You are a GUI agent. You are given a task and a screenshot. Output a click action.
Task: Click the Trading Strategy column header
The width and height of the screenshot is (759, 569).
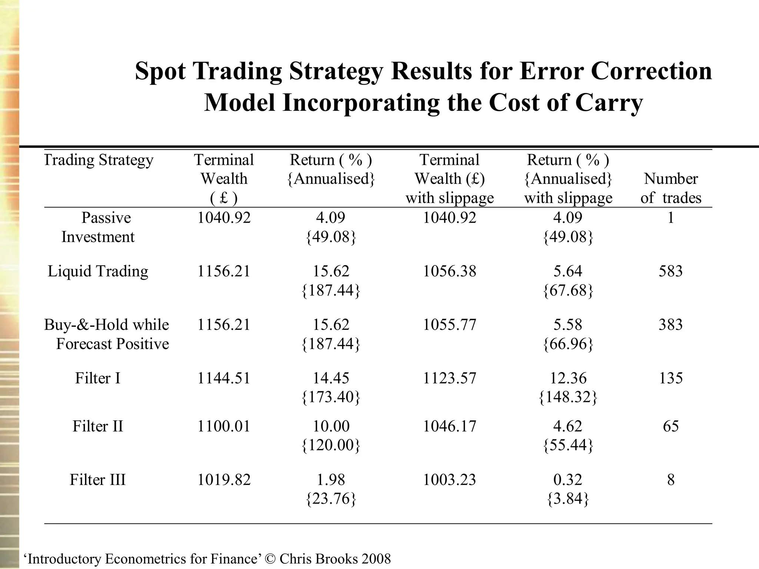pyautogui.click(x=99, y=160)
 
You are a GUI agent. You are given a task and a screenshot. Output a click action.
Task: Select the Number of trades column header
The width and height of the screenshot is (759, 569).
pyautogui.click(x=671, y=188)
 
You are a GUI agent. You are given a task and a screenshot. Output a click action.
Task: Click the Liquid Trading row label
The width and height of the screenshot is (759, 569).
pyautogui.click(x=98, y=271)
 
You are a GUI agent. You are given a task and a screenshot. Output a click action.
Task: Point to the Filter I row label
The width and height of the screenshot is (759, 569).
pyautogui.click(x=98, y=378)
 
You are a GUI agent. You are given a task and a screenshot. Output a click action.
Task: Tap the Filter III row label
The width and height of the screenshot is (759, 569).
pyautogui.click(x=98, y=480)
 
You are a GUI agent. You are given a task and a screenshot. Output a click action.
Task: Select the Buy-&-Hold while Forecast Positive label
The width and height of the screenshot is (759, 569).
pyautogui.click(x=107, y=334)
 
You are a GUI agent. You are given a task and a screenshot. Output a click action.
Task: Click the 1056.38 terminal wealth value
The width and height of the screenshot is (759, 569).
pyautogui.click(x=449, y=271)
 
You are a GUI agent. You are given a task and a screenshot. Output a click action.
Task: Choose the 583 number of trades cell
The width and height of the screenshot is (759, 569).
pyautogui.click(x=670, y=271)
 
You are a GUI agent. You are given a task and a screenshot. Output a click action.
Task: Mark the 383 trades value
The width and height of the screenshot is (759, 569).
pyautogui.click(x=670, y=325)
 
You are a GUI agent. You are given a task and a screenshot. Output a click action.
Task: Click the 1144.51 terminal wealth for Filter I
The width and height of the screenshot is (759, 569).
pyautogui.click(x=224, y=378)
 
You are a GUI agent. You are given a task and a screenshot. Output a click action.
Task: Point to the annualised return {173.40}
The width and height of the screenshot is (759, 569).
pyautogui.click(x=331, y=397)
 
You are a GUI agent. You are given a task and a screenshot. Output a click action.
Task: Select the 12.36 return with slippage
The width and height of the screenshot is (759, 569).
pyautogui.click(x=568, y=378)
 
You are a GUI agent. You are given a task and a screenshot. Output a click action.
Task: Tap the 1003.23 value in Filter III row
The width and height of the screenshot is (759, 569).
pyautogui.click(x=449, y=480)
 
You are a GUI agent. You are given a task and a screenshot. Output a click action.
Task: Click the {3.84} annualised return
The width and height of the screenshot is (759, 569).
pyautogui.click(x=568, y=499)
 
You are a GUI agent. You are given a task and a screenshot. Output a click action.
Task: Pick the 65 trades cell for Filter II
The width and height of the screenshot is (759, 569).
pyautogui.click(x=670, y=426)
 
